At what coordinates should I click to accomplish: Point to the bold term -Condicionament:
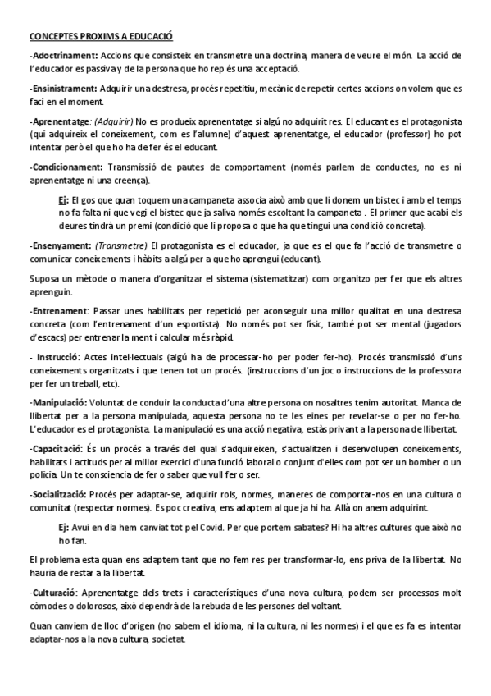(62, 167)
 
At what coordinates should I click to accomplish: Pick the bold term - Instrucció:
(57, 358)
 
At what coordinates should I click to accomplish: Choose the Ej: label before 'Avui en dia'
(63, 528)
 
